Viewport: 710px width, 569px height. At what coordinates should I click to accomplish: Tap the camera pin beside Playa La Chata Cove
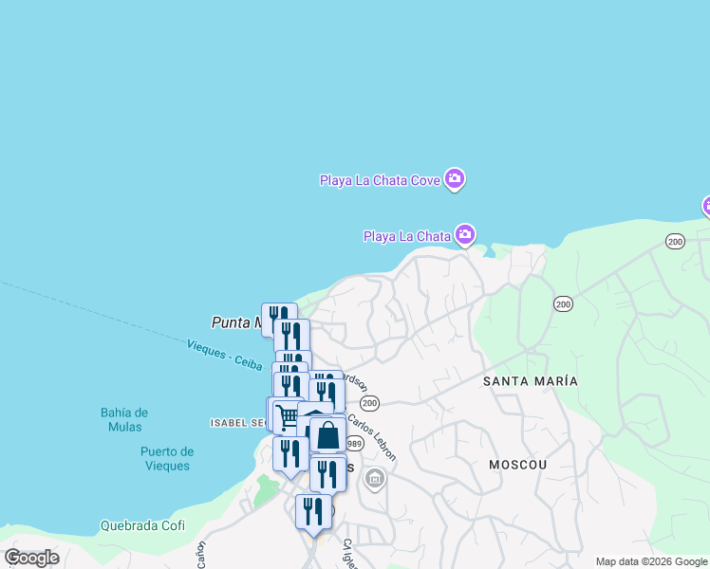pyautogui.click(x=455, y=178)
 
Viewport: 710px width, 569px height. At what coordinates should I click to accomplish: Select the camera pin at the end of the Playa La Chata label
pyautogui.click(x=464, y=234)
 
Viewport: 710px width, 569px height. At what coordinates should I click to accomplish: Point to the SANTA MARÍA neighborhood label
pyautogui.click(x=530, y=380)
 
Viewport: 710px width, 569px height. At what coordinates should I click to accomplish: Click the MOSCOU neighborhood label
pyautogui.click(x=517, y=465)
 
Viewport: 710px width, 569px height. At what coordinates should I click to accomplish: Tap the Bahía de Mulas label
pyautogui.click(x=124, y=419)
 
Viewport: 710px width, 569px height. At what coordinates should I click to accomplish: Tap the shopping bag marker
pyautogui.click(x=328, y=435)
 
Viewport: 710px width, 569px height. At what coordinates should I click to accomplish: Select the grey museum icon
pyautogui.click(x=376, y=479)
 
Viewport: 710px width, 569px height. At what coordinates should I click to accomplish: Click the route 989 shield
pyautogui.click(x=355, y=444)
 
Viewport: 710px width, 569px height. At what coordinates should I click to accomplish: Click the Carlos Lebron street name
pyautogui.click(x=371, y=436)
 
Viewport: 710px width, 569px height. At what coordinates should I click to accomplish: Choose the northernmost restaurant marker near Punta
pyautogui.click(x=279, y=318)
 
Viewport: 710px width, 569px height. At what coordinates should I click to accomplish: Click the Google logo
pyautogui.click(x=31, y=558)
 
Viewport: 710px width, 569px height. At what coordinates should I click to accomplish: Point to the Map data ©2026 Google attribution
pyautogui.click(x=651, y=561)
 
